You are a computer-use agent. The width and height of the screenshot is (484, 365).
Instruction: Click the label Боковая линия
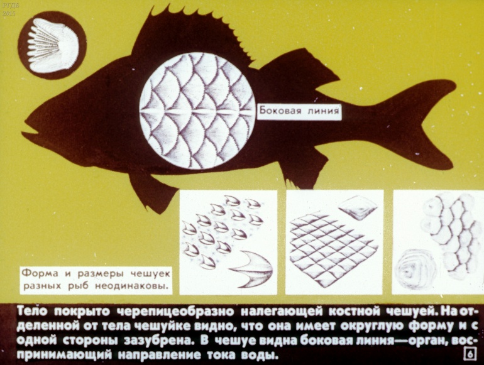299,111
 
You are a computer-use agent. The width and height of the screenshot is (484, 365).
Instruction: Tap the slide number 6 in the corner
470,354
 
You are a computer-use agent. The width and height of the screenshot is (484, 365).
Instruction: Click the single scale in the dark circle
53,45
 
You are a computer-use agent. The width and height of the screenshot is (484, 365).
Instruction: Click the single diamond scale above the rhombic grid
358,207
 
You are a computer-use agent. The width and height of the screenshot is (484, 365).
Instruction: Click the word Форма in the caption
40,274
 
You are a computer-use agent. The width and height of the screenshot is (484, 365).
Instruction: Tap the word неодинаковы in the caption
133,286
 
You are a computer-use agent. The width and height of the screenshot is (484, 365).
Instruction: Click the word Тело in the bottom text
33,312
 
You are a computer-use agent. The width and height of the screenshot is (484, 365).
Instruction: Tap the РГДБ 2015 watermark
9,9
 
